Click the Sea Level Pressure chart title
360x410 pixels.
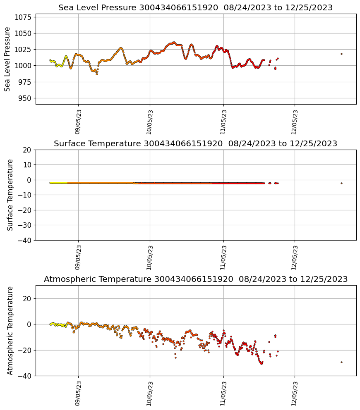tap(195, 7)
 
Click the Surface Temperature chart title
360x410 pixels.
tap(195, 143)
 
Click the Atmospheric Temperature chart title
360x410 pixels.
tap(195, 279)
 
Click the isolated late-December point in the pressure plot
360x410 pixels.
tap(341, 54)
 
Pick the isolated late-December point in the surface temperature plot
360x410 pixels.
tap(341, 183)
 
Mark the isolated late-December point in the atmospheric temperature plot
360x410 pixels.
tap(341, 362)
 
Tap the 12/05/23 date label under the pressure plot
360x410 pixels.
tap(295, 122)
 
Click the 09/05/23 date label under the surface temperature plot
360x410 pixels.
tap(78, 258)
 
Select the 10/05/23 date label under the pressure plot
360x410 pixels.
tap(150, 122)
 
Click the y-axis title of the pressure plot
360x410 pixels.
tap(8, 59)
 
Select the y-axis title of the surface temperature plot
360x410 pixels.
tap(10, 195)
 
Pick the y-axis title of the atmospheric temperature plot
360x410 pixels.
tap(10, 330)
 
